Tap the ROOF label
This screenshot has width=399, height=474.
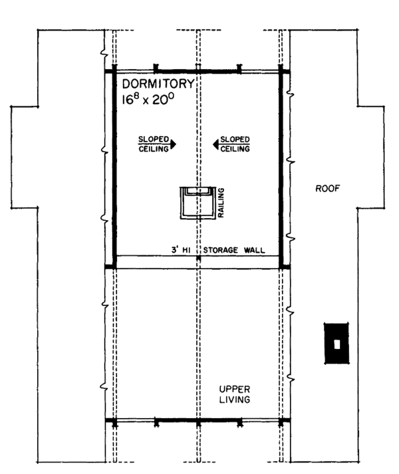[327, 189]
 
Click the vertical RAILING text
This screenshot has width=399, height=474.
[221, 202]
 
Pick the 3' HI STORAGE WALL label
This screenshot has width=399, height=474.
[217, 251]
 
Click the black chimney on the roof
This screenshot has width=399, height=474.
[337, 343]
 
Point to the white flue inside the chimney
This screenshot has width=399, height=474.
[337, 344]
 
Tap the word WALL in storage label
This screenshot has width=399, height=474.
[255, 251]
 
